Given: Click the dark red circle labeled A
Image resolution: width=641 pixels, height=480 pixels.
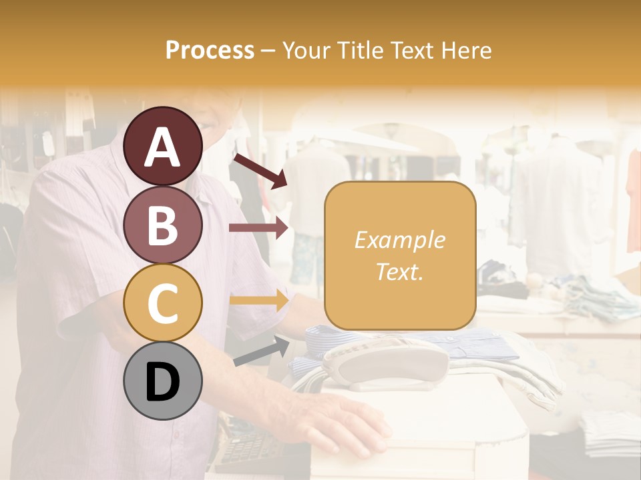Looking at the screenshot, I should (x=163, y=147).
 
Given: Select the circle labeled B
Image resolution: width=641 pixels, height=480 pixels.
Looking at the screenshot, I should (x=163, y=225).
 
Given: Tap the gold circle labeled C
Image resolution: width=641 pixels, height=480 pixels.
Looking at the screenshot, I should (x=163, y=303).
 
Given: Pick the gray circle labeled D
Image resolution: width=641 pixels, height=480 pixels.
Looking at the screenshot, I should (x=163, y=381).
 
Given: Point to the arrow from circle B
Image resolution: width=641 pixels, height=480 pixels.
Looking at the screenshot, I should (x=259, y=228).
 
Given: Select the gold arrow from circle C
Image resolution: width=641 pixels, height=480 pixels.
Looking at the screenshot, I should (x=259, y=301).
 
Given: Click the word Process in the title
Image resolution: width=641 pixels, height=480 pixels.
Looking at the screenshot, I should (x=210, y=51).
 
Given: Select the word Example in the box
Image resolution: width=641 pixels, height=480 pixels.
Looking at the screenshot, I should (x=400, y=240).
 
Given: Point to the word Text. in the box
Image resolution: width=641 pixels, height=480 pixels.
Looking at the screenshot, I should (x=400, y=271).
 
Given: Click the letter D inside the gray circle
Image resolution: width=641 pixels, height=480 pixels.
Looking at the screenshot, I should (x=163, y=382).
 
